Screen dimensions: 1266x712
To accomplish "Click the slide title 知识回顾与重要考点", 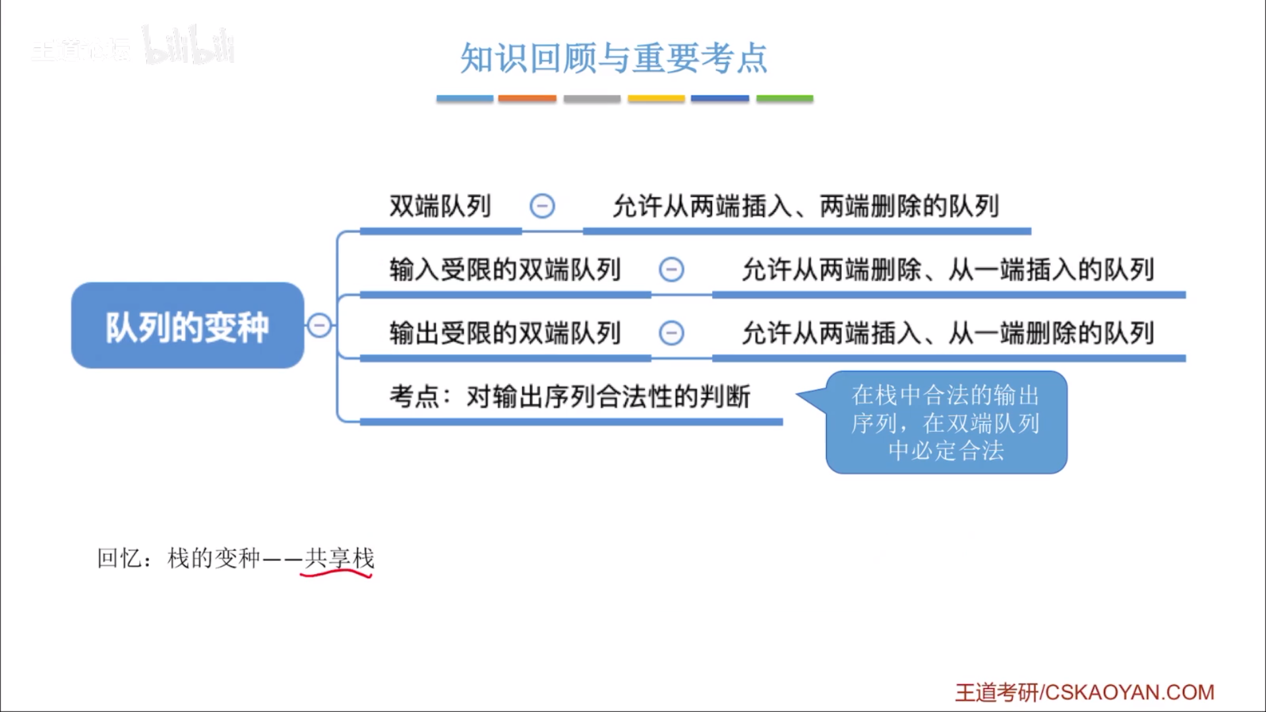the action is pos(613,58).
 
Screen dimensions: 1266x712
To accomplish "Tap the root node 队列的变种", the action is pos(187,326).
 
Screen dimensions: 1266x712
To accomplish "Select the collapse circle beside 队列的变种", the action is pos(320,325).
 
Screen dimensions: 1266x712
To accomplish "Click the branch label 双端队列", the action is pos(440,206).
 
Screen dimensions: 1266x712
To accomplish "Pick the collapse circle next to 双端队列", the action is pos(542,206).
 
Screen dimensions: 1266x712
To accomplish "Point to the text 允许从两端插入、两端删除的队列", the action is pos(806,206).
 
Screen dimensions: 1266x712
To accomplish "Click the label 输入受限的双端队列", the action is pos(505,270).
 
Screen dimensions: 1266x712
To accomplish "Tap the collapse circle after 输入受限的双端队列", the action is pos(671,270).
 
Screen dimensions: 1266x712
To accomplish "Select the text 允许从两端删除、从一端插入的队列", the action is pos(948,270).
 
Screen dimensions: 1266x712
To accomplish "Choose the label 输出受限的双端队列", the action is pos(505,333).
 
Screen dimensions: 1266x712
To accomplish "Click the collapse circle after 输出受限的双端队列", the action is pos(671,333).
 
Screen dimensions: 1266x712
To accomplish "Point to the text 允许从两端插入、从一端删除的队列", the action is pos(948,333).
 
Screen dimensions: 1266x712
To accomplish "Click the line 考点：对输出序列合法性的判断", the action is pos(570,397).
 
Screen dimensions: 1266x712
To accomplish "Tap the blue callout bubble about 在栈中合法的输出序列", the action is pos(946,423).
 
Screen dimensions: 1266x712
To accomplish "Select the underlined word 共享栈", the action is pos(340,559).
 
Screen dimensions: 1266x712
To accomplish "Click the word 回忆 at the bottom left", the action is pos(119,558).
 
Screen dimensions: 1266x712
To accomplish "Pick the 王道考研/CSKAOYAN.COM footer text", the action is pos(1084,692).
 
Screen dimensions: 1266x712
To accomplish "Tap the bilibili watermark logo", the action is pos(189,46).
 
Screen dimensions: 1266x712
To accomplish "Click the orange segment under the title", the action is pos(527,98).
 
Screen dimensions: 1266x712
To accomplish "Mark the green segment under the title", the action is pos(784,98).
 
